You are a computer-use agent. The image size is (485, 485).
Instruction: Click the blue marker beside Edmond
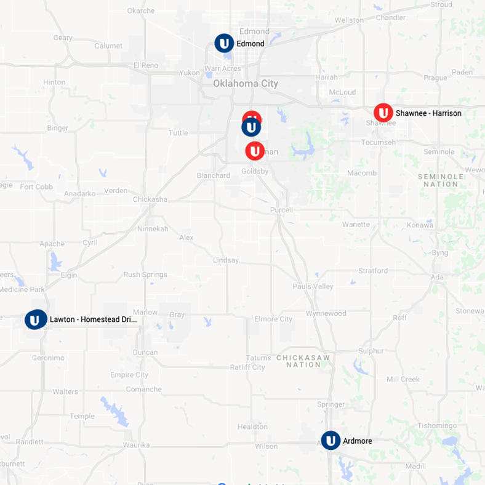(x=224, y=43)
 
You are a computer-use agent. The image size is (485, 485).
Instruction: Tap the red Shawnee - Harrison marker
(x=383, y=113)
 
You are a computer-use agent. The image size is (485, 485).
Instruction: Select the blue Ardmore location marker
(x=331, y=441)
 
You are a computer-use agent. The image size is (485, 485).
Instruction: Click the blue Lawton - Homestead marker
(x=36, y=319)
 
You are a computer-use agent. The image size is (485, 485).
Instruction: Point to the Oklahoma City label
(x=246, y=84)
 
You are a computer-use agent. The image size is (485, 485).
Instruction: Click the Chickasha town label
(x=150, y=199)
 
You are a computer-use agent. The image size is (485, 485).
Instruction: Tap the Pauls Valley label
(x=313, y=287)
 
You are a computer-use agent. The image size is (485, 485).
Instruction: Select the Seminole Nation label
(x=441, y=180)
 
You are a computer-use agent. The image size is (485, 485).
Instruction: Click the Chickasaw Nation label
(x=303, y=361)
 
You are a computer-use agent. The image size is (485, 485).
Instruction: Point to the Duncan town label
(x=145, y=353)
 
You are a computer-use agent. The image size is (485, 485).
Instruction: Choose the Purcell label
(x=281, y=210)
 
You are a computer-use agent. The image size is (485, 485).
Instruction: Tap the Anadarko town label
(x=79, y=193)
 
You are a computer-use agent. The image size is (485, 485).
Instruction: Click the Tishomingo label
(x=437, y=426)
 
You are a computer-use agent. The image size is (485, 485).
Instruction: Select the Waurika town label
(x=136, y=445)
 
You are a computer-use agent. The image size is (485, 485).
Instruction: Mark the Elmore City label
(x=273, y=319)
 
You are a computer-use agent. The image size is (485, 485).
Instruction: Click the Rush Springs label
(x=145, y=275)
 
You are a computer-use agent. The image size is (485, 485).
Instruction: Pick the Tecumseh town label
(x=379, y=143)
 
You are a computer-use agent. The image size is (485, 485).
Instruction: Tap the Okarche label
(x=141, y=11)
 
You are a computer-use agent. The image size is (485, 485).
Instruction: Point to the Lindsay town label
(x=226, y=260)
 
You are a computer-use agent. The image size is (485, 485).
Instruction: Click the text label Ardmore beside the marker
(x=357, y=441)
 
